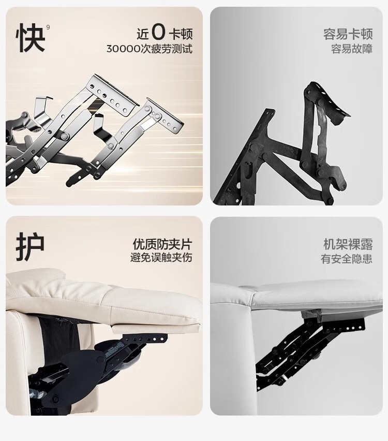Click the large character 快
31,38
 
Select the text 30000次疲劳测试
150,49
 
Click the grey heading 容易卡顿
348,34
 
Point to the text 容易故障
351,49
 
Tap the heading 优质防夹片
162,244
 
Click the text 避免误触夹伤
161,257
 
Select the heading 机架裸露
348,244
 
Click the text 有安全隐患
347,258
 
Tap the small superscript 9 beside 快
48,27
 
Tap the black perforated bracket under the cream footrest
144,338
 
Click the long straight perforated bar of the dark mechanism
241,157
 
